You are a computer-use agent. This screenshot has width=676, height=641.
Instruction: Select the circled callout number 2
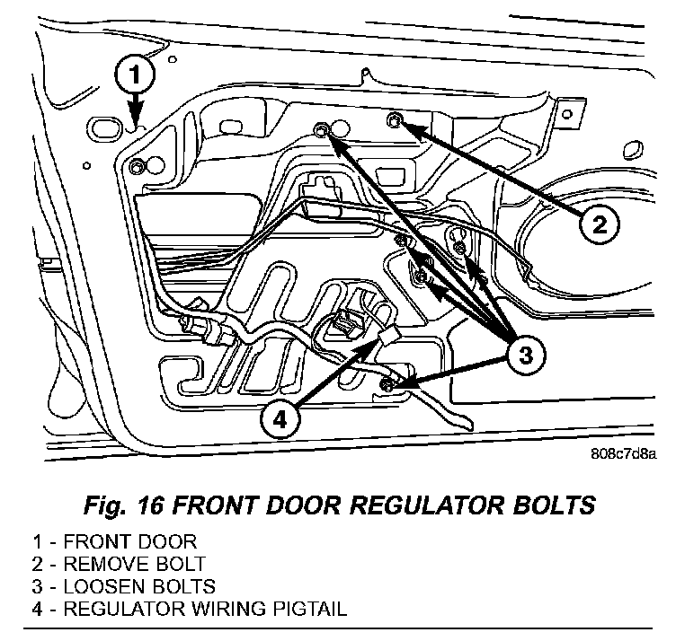click(599, 223)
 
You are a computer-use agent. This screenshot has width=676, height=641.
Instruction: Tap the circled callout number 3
click(525, 356)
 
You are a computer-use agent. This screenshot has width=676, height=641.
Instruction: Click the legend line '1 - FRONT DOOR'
click(114, 542)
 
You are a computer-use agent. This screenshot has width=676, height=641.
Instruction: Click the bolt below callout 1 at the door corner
click(136, 167)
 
